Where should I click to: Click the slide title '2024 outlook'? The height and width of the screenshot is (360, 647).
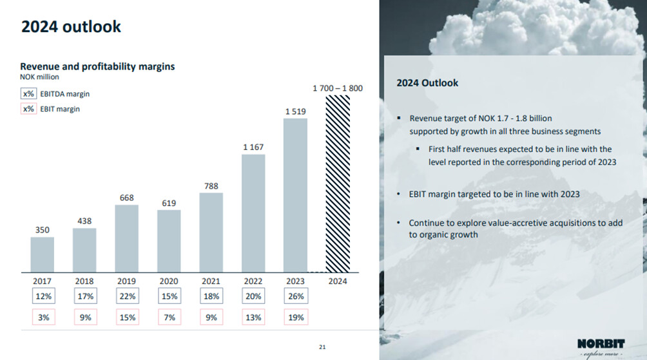[71, 26]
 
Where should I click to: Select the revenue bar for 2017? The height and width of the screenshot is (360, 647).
[43, 254]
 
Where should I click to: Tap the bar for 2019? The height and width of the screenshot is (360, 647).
[127, 238]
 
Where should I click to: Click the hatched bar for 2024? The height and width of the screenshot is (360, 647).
[338, 184]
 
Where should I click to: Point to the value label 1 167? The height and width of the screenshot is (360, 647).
[253, 147]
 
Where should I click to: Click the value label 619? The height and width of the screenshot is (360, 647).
[169, 203]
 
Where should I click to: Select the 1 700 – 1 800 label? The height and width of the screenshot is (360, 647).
[337, 88]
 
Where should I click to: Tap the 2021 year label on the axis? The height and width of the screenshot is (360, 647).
[211, 281]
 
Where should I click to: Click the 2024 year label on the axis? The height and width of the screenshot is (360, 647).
[338, 281]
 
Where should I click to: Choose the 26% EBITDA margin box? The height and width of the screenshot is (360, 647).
[296, 296]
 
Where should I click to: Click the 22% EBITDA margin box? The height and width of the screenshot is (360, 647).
[127, 296]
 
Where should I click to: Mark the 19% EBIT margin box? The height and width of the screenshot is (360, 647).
[296, 317]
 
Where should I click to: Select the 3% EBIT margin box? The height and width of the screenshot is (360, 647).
[43, 317]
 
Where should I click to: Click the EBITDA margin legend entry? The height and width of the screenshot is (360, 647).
[55, 94]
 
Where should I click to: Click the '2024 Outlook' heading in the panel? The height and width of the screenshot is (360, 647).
[427, 83]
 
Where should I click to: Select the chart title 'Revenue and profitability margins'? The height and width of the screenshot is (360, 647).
[97, 66]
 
